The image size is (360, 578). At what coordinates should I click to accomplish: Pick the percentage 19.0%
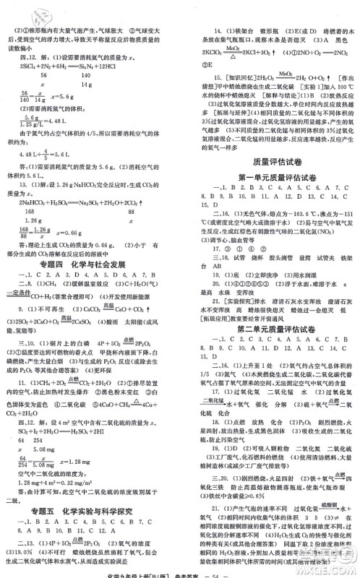pos(17,552)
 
